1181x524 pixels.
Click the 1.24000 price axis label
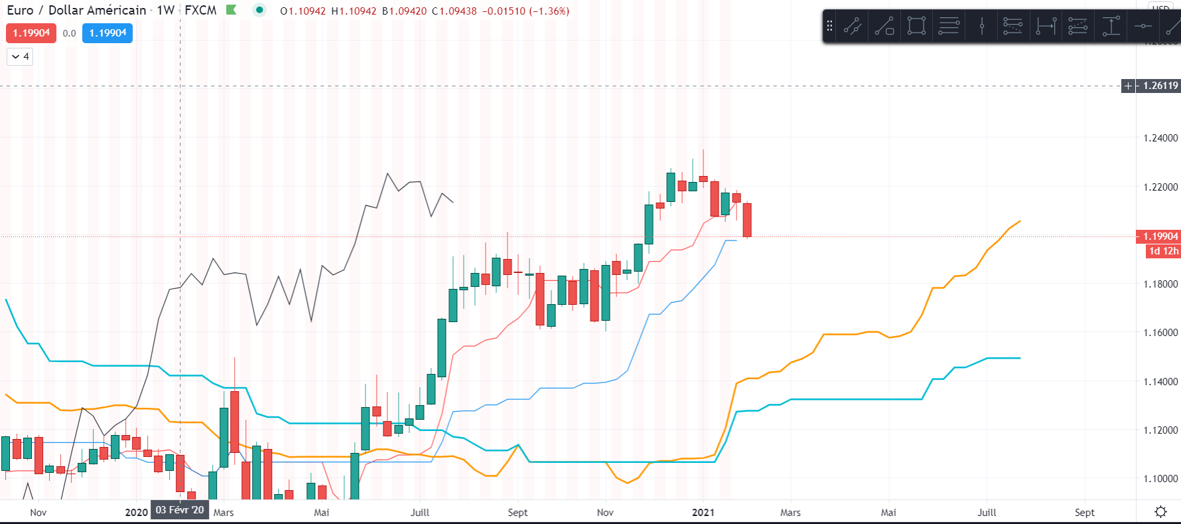pyautogui.click(x=1160, y=138)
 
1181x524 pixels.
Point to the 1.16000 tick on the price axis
pyautogui.click(x=1160, y=333)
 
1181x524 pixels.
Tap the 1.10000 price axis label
pyautogui.click(x=1160, y=479)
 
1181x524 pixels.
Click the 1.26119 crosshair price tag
pyautogui.click(x=1160, y=86)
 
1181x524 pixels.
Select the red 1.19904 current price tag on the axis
pyautogui.click(x=1160, y=236)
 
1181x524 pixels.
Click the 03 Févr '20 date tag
pyautogui.click(x=180, y=510)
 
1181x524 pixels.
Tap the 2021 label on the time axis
pyautogui.click(x=703, y=513)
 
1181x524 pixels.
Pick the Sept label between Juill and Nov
pyautogui.click(x=518, y=513)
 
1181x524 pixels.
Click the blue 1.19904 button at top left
pyautogui.click(x=107, y=33)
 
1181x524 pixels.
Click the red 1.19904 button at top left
pyautogui.click(x=31, y=33)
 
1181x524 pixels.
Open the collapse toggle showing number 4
pyautogui.click(x=20, y=56)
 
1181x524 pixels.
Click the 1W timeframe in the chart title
pyautogui.click(x=166, y=11)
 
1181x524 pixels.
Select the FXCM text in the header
pyautogui.click(x=200, y=11)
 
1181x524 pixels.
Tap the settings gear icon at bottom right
pyautogui.click(x=1160, y=512)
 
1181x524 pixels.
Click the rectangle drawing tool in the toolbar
pyautogui.click(x=916, y=26)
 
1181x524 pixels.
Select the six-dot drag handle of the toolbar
pyautogui.click(x=829, y=26)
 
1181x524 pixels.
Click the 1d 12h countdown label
pyautogui.click(x=1164, y=251)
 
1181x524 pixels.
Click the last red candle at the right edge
pyautogui.click(x=747, y=220)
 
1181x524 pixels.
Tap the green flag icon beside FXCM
pyautogui.click(x=231, y=10)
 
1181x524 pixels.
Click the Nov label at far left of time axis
pyautogui.click(x=38, y=513)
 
